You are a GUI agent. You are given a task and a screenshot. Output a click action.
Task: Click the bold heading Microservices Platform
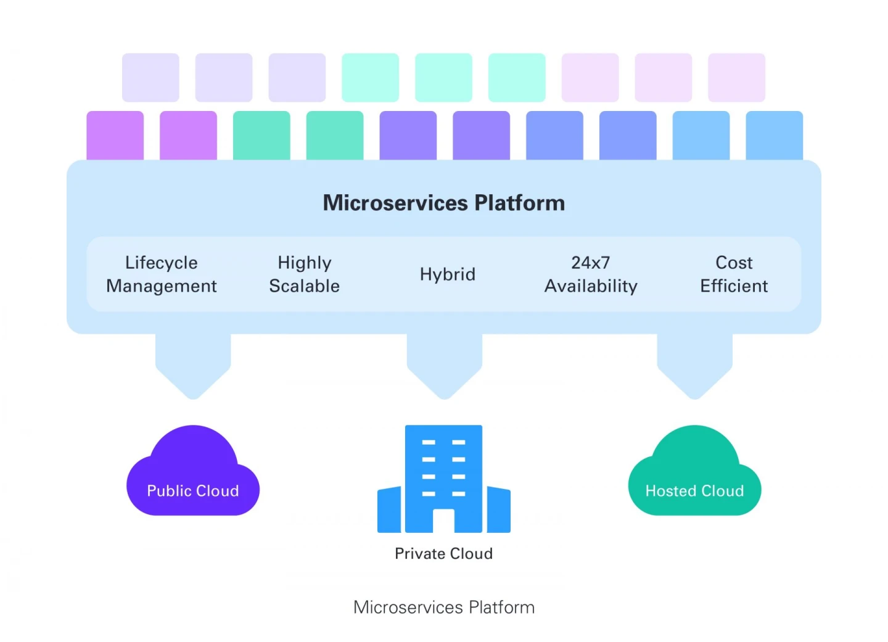tap(443, 203)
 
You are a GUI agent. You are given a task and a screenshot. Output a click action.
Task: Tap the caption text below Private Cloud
tap(443, 607)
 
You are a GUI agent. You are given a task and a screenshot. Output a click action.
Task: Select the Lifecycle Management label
tap(161, 274)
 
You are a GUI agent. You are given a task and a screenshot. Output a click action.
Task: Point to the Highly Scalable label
tap(304, 274)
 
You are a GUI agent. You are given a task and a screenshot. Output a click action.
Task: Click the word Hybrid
tap(447, 274)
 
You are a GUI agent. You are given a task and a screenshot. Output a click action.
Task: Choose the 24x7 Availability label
tap(591, 274)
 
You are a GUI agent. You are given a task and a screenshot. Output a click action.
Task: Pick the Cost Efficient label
tap(734, 274)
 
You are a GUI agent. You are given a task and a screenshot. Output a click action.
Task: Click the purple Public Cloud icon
tap(192, 475)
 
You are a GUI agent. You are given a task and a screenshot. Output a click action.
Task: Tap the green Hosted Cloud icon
tap(694, 475)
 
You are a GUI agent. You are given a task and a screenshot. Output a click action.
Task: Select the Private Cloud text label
tap(443, 554)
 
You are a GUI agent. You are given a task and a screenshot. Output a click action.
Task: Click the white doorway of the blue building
tap(443, 521)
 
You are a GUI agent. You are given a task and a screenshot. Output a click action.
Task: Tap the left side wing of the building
tap(389, 510)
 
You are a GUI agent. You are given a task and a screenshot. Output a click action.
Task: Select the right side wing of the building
tap(498, 510)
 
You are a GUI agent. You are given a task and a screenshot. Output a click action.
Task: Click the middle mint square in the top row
tap(443, 78)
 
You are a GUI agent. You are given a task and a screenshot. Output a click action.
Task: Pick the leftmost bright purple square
tap(115, 136)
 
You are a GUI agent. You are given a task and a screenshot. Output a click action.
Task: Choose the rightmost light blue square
tap(774, 136)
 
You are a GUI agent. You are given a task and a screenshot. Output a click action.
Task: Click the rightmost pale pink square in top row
tap(736, 78)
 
